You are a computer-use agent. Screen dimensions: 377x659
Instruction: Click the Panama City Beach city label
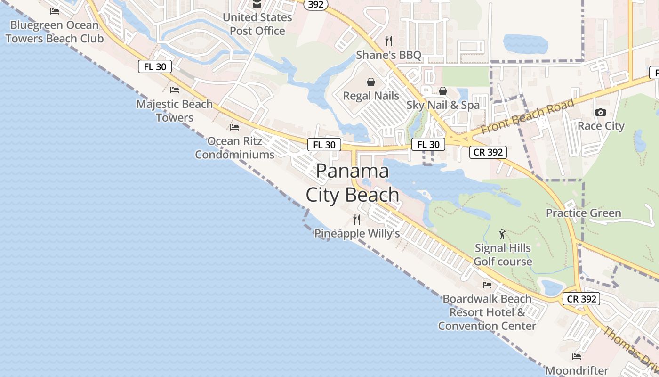click(x=353, y=183)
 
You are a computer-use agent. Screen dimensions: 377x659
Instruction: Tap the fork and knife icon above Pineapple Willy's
click(x=357, y=219)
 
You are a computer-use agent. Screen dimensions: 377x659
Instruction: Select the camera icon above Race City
click(x=600, y=112)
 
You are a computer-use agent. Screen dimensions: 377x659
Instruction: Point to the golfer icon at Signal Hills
click(x=502, y=234)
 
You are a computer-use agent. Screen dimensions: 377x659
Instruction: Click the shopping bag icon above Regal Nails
click(x=371, y=82)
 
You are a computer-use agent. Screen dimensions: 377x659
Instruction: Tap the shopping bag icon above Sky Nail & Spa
click(x=442, y=91)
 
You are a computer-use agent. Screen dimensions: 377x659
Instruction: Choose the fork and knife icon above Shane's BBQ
click(x=388, y=41)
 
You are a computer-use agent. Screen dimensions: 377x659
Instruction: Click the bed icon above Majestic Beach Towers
click(x=175, y=90)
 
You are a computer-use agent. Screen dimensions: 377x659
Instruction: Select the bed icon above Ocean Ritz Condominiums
click(x=234, y=127)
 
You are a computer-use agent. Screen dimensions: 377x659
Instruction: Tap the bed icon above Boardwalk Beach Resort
click(x=487, y=285)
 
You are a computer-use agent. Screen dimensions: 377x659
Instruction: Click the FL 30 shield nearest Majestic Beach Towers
click(x=155, y=66)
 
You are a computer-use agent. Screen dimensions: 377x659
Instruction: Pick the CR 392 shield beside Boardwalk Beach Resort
click(x=582, y=298)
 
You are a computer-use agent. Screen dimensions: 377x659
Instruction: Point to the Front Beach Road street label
click(x=528, y=116)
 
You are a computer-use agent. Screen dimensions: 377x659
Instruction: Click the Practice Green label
click(x=583, y=213)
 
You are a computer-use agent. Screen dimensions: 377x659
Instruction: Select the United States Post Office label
click(x=257, y=24)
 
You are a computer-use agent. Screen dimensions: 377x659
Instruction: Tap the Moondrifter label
click(x=577, y=370)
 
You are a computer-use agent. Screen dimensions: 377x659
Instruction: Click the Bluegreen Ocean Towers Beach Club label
click(x=55, y=32)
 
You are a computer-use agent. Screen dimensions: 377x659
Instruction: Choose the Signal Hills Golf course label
click(x=503, y=254)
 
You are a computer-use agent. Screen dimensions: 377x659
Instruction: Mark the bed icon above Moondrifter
click(x=577, y=356)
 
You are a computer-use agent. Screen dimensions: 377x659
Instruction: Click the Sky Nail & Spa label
click(x=443, y=105)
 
